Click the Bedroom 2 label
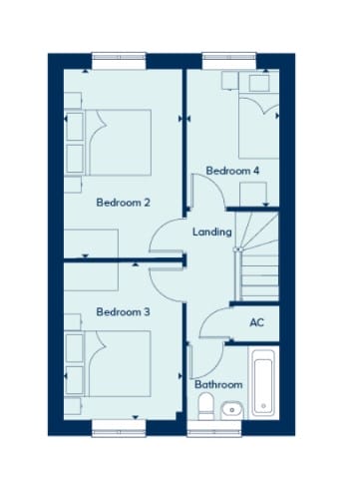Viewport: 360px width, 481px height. pos(123,203)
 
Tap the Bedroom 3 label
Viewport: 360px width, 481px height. pos(123,312)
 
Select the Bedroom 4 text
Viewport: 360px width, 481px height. pos(232,171)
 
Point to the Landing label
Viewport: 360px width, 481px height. pos(212,232)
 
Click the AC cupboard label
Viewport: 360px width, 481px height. pos(257,322)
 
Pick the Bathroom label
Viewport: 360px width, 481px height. pos(218,384)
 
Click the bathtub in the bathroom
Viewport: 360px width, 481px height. pos(263,383)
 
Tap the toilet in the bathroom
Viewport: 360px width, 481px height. pos(206,406)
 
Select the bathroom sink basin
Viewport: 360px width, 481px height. pos(231,410)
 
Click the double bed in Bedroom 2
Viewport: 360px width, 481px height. pos(118,143)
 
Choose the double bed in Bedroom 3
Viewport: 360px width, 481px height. pos(118,363)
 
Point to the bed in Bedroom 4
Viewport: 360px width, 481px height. pos(258,127)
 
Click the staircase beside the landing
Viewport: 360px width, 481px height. pos(256,256)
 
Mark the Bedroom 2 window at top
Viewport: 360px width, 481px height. pos(119,61)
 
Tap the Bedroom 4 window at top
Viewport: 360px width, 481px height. pos(229,61)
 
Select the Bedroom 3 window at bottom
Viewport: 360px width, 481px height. pos(119,428)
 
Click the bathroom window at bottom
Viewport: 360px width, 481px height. pos(214,428)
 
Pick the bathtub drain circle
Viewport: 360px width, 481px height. pos(263,406)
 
